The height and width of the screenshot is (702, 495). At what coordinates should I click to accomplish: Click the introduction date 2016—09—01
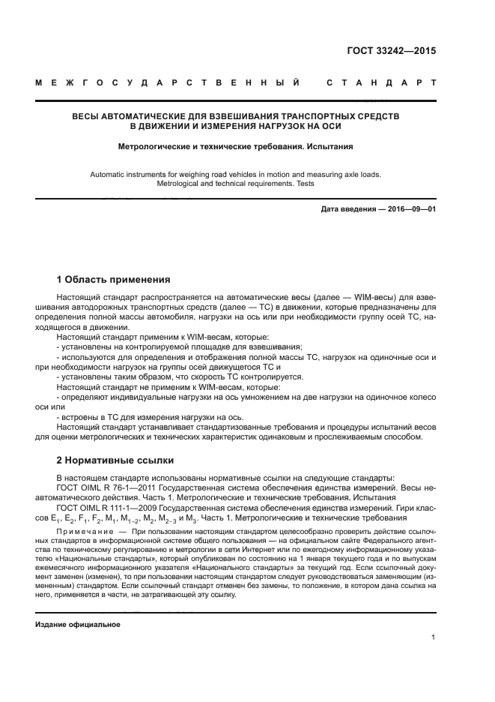click(x=404, y=209)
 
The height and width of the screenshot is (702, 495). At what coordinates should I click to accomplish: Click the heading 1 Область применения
click(x=113, y=280)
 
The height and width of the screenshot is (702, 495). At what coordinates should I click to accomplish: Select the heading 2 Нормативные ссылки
click(x=115, y=460)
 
